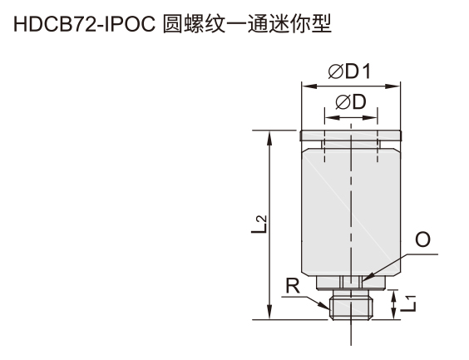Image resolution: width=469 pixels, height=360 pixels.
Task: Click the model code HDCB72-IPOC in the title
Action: click(84, 24)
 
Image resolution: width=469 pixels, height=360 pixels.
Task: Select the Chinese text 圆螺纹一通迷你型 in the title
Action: click(247, 23)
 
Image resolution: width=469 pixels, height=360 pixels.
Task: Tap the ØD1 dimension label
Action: click(349, 72)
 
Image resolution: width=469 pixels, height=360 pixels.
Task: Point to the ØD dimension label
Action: click(351, 102)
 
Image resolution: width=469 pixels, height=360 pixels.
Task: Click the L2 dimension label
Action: click(259, 224)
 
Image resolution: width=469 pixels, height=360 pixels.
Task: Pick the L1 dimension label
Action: click(408, 303)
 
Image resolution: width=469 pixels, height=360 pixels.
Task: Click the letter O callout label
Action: click(423, 239)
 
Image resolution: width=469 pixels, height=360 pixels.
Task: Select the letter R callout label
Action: click(293, 286)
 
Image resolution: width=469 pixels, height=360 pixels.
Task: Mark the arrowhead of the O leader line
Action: click(367, 277)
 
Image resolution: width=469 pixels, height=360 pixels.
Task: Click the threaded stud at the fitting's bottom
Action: click(351, 308)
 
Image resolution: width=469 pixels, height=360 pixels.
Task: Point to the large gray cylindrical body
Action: click(351, 212)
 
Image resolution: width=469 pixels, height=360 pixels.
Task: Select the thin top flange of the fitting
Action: click(351, 136)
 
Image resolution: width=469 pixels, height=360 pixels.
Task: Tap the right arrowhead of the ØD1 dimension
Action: click(393, 86)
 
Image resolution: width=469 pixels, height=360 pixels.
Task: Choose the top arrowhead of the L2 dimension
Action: click(270, 138)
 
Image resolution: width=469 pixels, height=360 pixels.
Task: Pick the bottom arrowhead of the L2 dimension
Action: click(270, 312)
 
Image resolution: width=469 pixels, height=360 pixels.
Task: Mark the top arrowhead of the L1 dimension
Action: click(394, 296)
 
